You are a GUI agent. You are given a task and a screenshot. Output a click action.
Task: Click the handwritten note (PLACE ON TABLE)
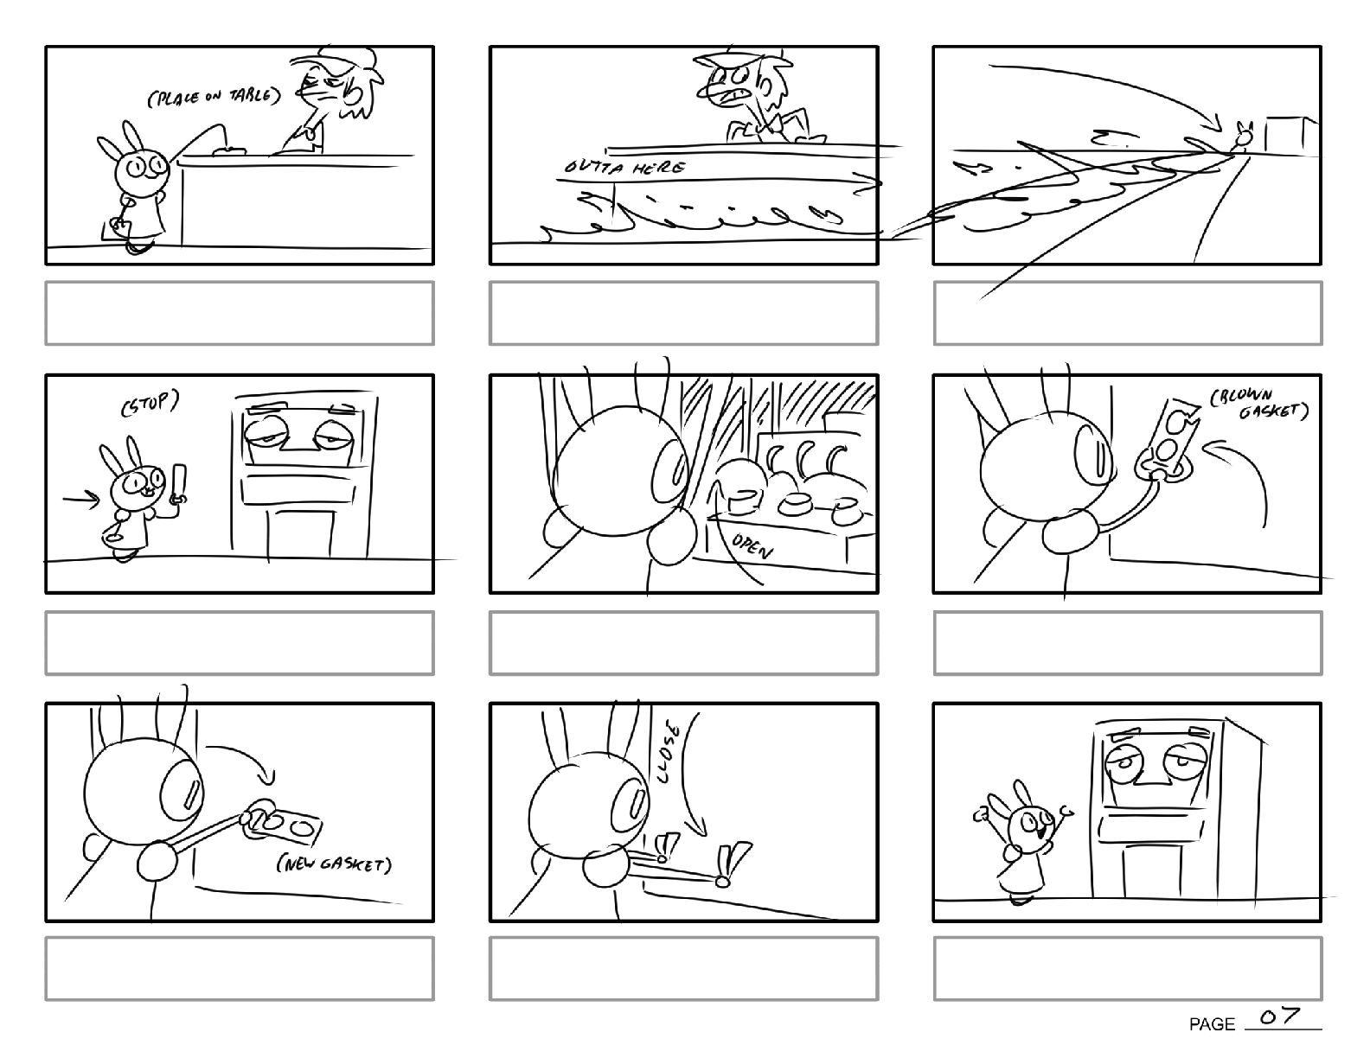coord(214,97)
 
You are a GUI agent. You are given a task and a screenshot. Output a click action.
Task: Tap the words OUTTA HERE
coord(624,168)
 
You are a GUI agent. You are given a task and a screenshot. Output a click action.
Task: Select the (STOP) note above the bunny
coord(150,403)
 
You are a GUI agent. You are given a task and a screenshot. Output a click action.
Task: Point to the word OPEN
coord(752,545)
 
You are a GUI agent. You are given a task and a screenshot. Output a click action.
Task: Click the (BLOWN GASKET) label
coord(1258,404)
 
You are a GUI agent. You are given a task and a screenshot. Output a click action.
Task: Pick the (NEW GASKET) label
coord(334,864)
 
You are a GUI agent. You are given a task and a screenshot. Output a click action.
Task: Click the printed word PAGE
coord(1212,1024)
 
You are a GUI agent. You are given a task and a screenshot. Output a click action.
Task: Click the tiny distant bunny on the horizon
coord(1243,137)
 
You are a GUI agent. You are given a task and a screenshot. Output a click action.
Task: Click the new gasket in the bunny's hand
coord(284,823)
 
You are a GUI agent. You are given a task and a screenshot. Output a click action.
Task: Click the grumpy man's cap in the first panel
coord(332,61)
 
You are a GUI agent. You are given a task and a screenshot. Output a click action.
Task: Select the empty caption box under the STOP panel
coord(240,643)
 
